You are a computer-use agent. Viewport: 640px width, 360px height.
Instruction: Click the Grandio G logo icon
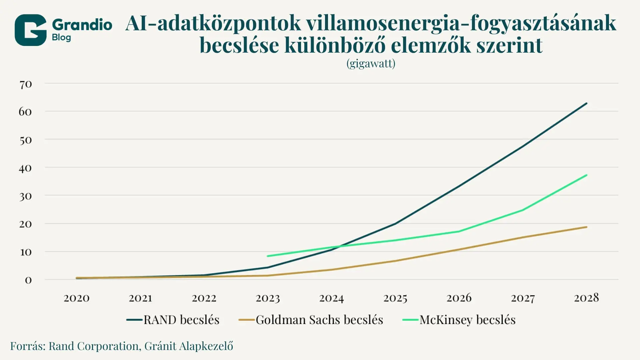pyautogui.click(x=30, y=30)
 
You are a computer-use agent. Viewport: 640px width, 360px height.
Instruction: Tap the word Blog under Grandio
pyautogui.click(x=61, y=37)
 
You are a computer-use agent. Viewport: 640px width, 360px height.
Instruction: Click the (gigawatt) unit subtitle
pyautogui.click(x=371, y=63)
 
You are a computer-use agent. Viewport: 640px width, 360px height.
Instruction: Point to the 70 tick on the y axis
pyautogui.click(x=26, y=84)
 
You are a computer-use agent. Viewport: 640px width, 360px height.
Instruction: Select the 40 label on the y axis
pyautogui.click(x=25, y=168)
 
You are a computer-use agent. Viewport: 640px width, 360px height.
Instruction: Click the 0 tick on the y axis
pyautogui.click(x=28, y=280)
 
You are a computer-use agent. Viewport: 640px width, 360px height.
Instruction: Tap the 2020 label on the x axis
pyautogui.click(x=76, y=298)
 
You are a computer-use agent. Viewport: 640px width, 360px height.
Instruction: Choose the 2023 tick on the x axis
pyautogui.click(x=268, y=298)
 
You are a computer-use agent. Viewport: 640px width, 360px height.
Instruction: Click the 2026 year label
pyautogui.click(x=459, y=298)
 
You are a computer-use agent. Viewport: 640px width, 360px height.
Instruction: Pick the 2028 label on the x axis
pyautogui.click(x=586, y=298)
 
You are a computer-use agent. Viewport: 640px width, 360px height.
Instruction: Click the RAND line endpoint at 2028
pyautogui.click(x=586, y=103)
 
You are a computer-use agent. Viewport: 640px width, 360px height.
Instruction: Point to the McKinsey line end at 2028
pyautogui.click(x=586, y=175)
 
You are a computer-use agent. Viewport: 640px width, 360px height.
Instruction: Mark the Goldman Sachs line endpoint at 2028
pyautogui.click(x=586, y=227)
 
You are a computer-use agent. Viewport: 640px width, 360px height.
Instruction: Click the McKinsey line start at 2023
pyautogui.click(x=268, y=256)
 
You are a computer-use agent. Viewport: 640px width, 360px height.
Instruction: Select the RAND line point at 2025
pyautogui.click(x=395, y=224)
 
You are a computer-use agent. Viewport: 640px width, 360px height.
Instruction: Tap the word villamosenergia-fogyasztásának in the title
pyautogui.click(x=461, y=23)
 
